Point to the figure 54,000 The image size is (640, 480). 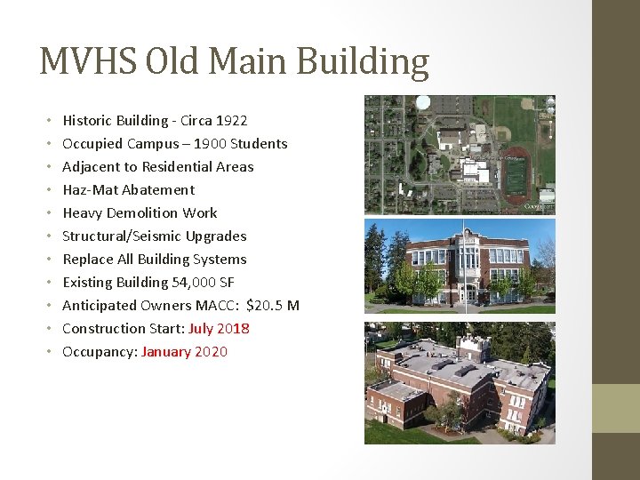[194, 282]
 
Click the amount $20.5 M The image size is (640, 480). [273, 305]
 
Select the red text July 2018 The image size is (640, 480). [219, 328]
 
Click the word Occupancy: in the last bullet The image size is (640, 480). [100, 351]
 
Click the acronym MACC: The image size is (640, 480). [217, 305]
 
